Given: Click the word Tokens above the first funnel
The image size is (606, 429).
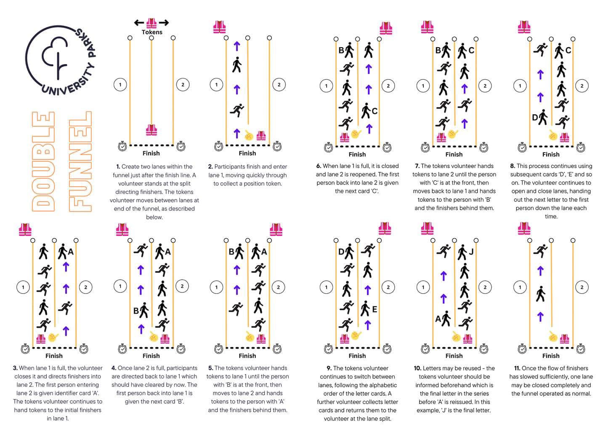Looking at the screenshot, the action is pyautogui.click(x=152, y=32).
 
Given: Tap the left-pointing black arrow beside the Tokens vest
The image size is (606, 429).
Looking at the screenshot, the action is pyautogui.click(x=139, y=23).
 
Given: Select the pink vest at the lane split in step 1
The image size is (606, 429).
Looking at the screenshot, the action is pyautogui.click(x=151, y=130).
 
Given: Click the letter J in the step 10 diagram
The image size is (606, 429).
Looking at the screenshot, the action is pyautogui.click(x=471, y=252).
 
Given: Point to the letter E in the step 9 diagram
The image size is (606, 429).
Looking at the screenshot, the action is pyautogui.click(x=375, y=309).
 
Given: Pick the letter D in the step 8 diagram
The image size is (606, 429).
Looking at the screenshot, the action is pyautogui.click(x=535, y=118).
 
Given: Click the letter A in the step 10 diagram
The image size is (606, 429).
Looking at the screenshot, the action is pyautogui.click(x=438, y=319).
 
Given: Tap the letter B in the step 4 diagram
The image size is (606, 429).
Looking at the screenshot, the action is pyautogui.click(x=136, y=311).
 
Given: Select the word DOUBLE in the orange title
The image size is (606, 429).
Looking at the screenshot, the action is pyautogui.click(x=43, y=161).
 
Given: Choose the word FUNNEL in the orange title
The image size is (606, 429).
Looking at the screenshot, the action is pyautogui.click(x=80, y=161).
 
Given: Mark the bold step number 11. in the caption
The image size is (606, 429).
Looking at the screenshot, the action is pyautogui.click(x=517, y=368).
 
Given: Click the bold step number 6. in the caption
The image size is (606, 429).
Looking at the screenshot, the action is pyautogui.click(x=319, y=166).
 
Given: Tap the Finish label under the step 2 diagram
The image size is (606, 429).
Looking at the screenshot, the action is pyautogui.click(x=247, y=153).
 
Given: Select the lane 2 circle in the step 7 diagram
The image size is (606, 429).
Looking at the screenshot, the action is pyautogui.click(x=485, y=86).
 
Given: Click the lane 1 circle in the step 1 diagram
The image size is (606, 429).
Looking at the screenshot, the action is pyautogui.click(x=120, y=85).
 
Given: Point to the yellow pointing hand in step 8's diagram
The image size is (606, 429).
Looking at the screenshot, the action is pyautogui.click(x=553, y=135).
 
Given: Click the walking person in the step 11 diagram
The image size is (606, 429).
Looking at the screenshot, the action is pyautogui.click(x=540, y=294).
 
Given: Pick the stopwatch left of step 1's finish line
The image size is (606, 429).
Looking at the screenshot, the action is pyautogui.click(x=122, y=146).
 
